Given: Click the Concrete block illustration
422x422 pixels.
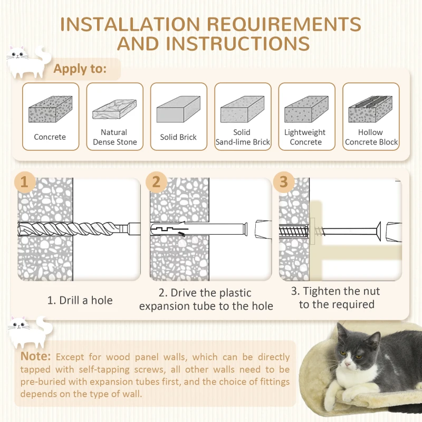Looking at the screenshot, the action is [50, 109].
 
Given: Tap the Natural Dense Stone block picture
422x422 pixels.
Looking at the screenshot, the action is [114, 109].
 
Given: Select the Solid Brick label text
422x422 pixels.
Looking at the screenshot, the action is [178, 137].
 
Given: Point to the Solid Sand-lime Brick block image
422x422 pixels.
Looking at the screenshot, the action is [242, 109].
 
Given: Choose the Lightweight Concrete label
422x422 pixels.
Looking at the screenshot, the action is [305, 137].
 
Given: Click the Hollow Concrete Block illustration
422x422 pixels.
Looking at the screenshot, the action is [370, 109].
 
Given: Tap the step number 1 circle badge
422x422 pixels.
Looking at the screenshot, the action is [24, 182].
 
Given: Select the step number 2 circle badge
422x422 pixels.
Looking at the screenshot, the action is [156, 182].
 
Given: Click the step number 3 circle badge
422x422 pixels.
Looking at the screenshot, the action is [284, 182].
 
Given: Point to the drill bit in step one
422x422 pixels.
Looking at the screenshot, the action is [79, 229].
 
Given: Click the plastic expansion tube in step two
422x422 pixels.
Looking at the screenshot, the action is [199, 229].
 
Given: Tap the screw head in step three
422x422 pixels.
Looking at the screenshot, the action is [378, 231].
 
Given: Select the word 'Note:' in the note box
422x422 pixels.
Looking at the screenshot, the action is [35, 357].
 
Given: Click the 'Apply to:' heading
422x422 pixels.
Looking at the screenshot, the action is [80, 69].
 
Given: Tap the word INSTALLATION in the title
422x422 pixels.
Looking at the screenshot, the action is [130, 24].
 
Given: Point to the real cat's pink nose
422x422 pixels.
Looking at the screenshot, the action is [348, 364].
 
